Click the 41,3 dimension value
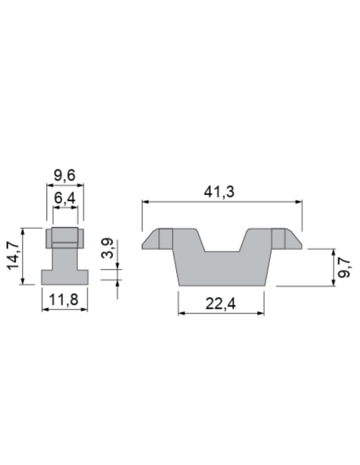tap(223, 192)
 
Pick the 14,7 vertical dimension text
tap(14, 257)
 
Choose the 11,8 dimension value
tap(65, 300)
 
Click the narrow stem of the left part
tap(65, 258)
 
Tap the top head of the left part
tap(65, 237)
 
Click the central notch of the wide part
tap(223, 243)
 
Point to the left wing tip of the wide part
tap(151, 240)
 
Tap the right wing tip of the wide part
tap(295, 240)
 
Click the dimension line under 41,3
tap(223, 203)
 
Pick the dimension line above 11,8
tap(65, 310)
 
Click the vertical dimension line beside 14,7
tap(25, 256)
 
